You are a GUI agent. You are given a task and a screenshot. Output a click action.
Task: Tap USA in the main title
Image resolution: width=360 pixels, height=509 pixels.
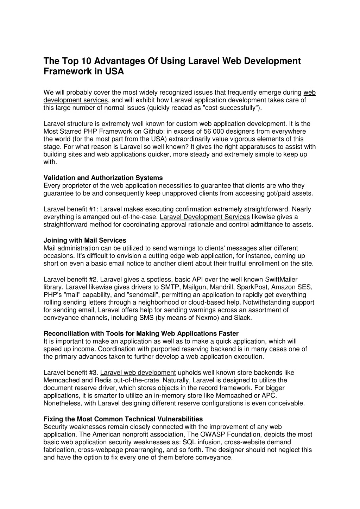[x=114, y=71]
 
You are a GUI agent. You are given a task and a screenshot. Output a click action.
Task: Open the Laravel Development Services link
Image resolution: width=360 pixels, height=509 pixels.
[x=205, y=217]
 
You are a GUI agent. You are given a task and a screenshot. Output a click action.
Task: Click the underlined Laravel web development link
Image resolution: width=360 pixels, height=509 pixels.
[x=138, y=373]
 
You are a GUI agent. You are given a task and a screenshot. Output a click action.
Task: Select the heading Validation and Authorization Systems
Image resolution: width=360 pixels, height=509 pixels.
[x=103, y=178]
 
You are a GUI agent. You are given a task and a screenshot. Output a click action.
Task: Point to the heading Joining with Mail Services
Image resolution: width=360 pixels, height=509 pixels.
[x=85, y=240]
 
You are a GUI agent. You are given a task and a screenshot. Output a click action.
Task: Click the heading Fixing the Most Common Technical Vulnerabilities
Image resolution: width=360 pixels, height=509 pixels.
[x=123, y=419]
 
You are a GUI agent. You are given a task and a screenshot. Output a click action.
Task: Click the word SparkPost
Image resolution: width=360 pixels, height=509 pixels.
[x=254, y=287]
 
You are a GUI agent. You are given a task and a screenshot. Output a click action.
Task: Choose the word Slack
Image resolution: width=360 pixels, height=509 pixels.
[x=243, y=318]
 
